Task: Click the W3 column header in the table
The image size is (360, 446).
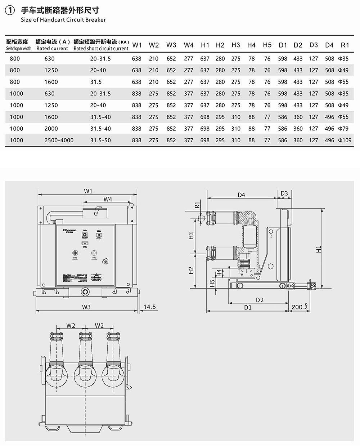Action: (x=171, y=45)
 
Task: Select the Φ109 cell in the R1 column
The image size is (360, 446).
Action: (x=345, y=140)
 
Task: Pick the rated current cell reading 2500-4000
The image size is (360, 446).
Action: (x=59, y=140)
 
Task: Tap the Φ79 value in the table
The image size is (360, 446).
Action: (x=343, y=129)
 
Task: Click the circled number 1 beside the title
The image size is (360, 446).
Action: (x=9, y=11)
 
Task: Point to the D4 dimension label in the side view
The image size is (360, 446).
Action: (x=241, y=195)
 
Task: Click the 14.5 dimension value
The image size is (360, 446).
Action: (x=149, y=307)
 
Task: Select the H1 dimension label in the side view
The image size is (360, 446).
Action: (x=319, y=249)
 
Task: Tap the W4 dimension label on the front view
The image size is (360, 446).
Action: (x=108, y=199)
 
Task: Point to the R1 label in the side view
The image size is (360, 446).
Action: (x=197, y=205)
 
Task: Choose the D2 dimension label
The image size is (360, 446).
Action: (x=260, y=300)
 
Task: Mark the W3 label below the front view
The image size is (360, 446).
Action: (x=86, y=307)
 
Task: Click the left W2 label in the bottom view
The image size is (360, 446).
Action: (x=71, y=326)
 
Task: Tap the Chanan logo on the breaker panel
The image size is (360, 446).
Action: (x=69, y=230)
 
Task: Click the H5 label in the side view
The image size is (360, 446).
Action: (x=212, y=283)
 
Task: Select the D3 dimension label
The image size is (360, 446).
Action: (x=284, y=193)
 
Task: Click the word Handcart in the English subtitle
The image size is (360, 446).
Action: (x=52, y=20)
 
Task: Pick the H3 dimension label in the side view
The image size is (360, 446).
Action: (x=192, y=236)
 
